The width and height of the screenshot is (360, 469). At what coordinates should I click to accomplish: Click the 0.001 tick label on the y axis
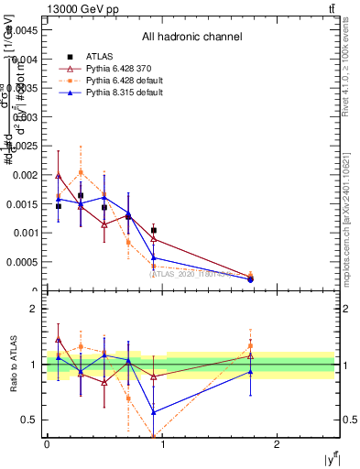tap(28, 233)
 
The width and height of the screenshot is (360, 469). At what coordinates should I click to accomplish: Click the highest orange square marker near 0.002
tap(82, 172)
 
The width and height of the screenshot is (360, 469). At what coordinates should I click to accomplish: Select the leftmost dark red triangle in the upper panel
tap(59, 176)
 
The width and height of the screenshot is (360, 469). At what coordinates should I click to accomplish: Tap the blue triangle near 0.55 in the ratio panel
tap(153, 412)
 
